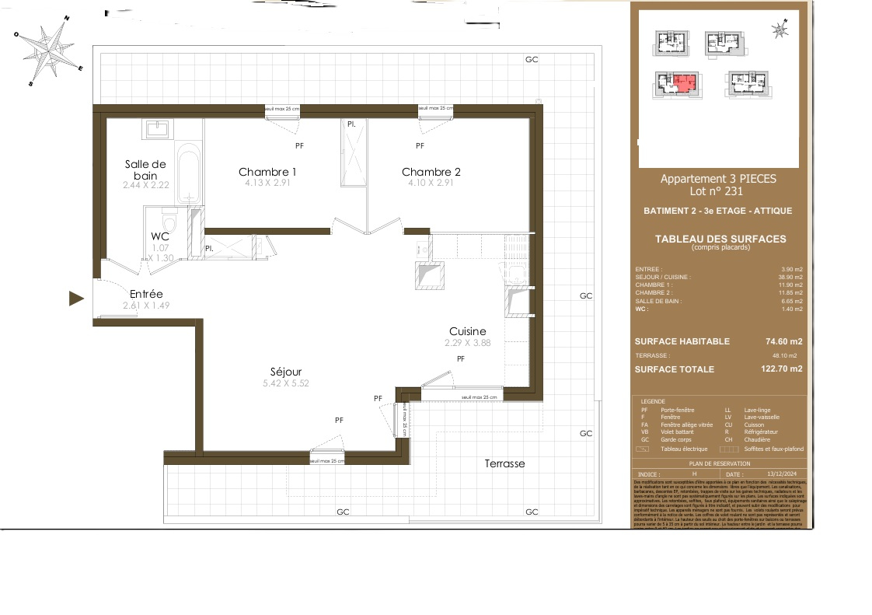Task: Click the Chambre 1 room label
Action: click(267, 172)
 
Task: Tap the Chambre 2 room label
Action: click(431, 172)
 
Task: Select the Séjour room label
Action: click(286, 372)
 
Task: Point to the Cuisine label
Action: click(467, 331)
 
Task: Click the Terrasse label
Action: click(504, 463)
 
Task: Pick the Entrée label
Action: click(146, 294)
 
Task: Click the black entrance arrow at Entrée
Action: click(76, 298)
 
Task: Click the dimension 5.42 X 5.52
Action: click(286, 383)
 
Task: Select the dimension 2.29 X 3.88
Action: click(468, 343)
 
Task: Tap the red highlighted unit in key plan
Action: click(682, 82)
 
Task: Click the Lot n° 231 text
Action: click(717, 191)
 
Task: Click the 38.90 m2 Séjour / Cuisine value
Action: click(790, 277)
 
